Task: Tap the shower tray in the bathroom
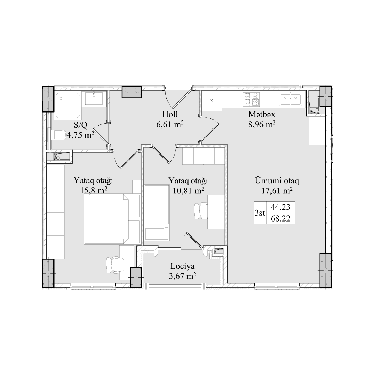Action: pos(67,106)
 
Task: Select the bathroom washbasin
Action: pos(94,99)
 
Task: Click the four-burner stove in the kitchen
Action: pos(251,99)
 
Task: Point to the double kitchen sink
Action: pos(290,99)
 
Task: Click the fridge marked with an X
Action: pos(211,101)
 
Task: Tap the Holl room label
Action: pos(170,114)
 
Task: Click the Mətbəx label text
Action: pos(262,114)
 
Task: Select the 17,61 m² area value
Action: pos(277,191)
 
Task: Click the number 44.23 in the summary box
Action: pos(280,207)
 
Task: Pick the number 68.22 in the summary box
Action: pos(280,218)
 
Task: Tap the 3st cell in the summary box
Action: pos(260,212)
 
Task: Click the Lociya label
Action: pos(183,266)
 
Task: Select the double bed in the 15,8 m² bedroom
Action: pos(107,219)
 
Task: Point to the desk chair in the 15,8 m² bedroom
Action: pos(115,265)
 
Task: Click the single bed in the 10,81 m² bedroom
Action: pos(157,212)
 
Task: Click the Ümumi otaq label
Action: pos(277,181)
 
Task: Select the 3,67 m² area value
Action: pos(183,276)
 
